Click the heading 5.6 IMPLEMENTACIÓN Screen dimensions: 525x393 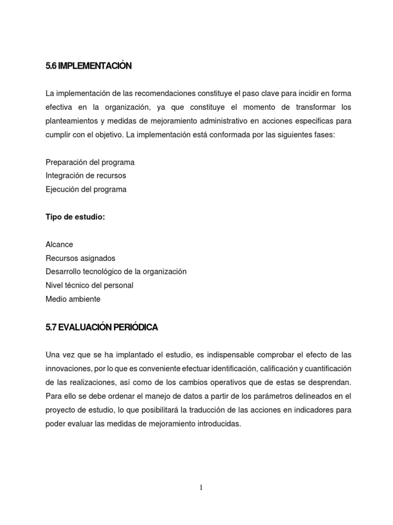tap(89, 66)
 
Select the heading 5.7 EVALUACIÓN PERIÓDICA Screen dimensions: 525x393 tap(101, 328)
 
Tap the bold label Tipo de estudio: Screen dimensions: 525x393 tap(75, 217)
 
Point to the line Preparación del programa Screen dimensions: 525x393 tap(90, 163)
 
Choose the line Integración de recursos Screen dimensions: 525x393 tap(86, 176)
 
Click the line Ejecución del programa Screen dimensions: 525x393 tap(86, 189)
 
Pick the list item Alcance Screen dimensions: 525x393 tap(59, 245)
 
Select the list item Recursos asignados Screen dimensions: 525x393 tap(80, 258)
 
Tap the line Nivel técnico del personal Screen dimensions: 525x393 tap(93, 285)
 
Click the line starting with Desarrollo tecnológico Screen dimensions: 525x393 tap(116, 271)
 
